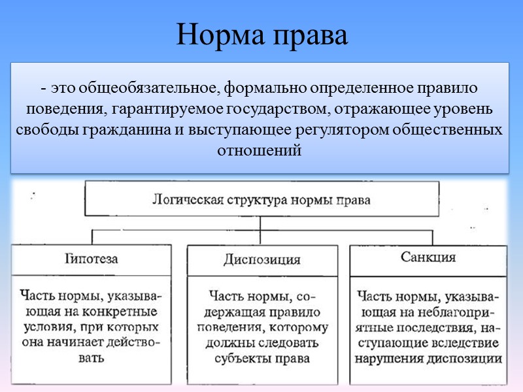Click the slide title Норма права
pos(261,36)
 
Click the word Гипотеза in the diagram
pos(92,259)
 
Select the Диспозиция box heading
pos(261,259)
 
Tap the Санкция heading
pos(428,257)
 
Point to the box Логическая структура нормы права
pos(261,200)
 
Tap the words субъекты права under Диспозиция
pos(261,358)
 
